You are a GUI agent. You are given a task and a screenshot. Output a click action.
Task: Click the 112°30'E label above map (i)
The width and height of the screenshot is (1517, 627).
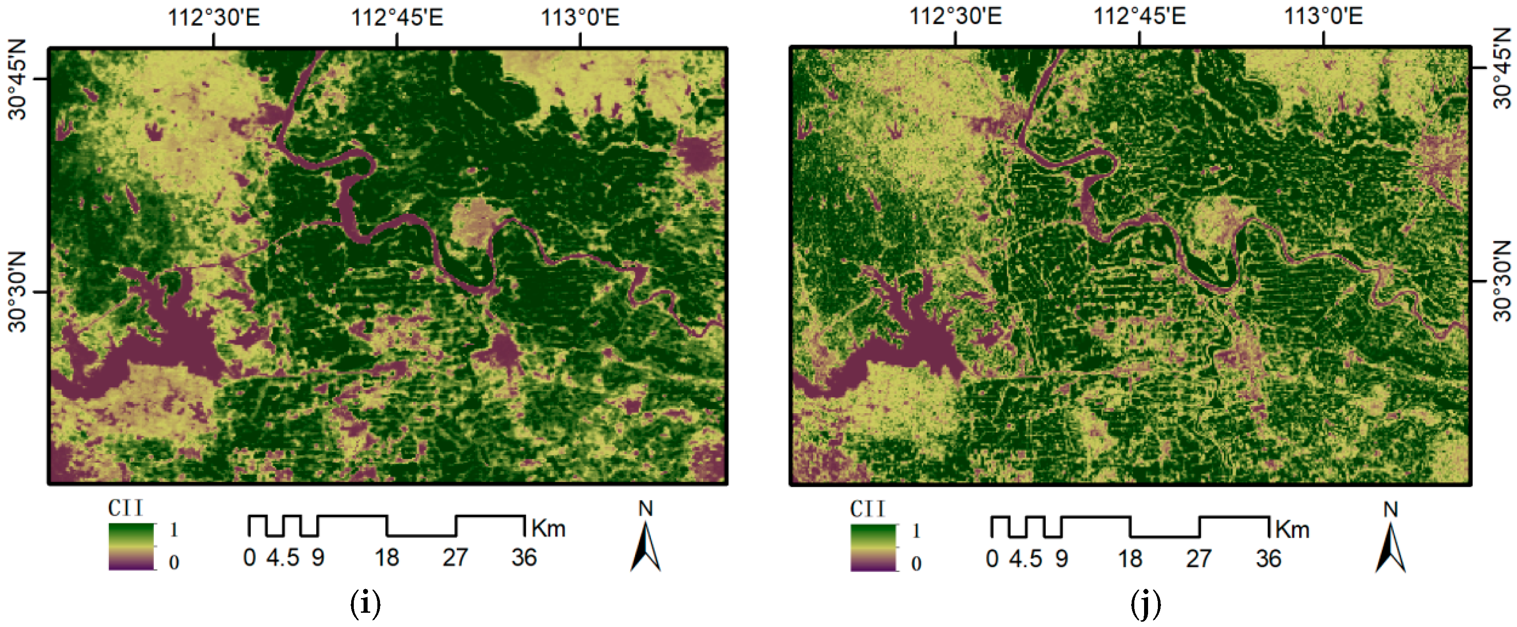point(214,18)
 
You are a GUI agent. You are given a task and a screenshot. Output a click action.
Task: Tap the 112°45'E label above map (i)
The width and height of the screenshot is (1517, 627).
point(397,18)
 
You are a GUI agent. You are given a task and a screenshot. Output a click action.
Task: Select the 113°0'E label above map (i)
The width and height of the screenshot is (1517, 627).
point(580,18)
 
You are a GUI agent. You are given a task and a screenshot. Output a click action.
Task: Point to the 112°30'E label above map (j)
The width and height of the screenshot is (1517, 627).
point(955,16)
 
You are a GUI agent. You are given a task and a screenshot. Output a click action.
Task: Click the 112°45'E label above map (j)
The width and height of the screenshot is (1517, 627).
point(1140,16)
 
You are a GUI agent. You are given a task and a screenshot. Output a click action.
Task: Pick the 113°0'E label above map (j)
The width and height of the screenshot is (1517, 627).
point(1323,16)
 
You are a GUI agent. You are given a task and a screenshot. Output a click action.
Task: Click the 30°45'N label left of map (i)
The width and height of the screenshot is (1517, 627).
point(18,80)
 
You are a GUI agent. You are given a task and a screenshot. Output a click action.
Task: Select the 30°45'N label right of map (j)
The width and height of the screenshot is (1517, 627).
point(1502,69)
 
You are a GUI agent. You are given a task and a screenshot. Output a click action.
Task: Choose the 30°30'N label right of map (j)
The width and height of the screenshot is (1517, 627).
point(1502,281)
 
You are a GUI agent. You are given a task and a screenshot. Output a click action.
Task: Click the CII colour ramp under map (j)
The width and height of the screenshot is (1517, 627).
point(873,547)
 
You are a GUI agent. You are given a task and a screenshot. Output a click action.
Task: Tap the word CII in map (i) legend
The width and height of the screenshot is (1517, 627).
point(125,508)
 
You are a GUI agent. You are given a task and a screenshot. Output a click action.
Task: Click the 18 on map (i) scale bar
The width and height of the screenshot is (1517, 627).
point(387,558)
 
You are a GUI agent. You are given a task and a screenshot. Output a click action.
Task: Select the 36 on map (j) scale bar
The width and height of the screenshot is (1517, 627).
point(1269,559)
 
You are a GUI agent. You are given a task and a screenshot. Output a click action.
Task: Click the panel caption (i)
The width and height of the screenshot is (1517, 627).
point(365,604)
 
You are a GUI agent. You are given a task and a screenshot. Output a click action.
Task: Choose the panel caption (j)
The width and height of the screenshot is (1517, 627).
point(1145,604)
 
